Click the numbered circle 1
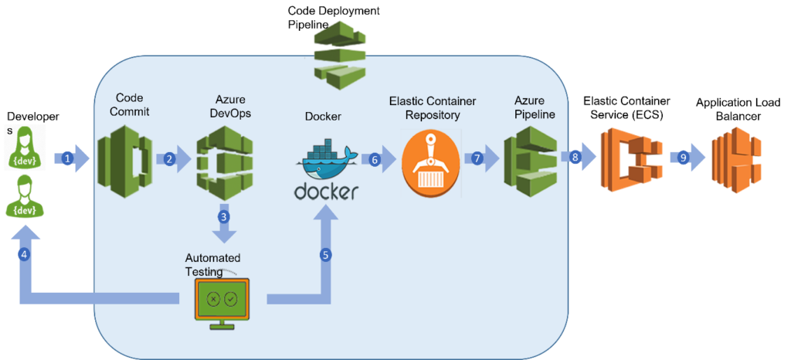click(x=67, y=158)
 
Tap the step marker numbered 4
click(x=24, y=254)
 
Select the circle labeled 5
click(x=325, y=255)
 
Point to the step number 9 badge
click(x=684, y=158)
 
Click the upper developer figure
click(x=24, y=148)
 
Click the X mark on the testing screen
click(x=213, y=299)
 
